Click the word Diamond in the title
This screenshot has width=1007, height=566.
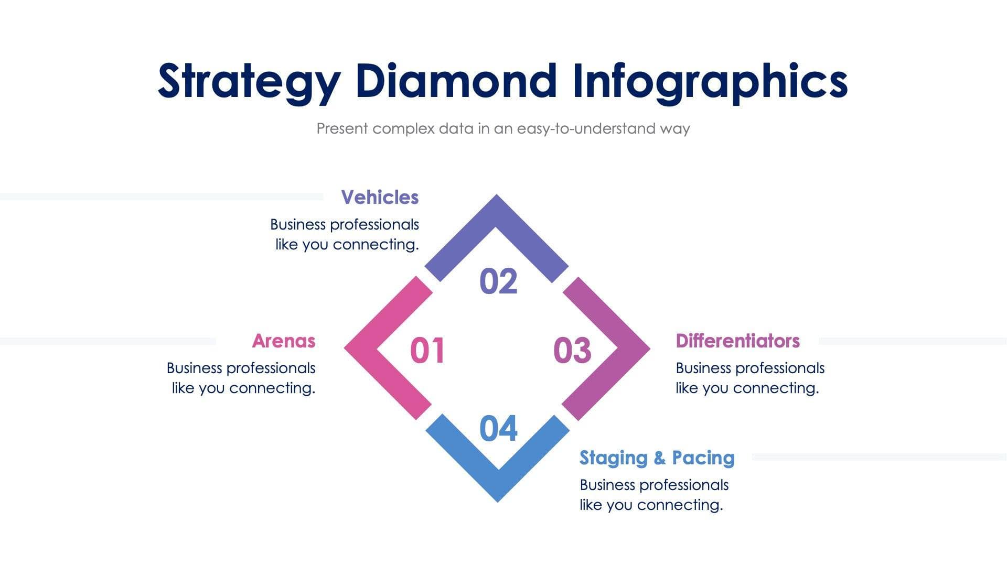[x=456, y=81]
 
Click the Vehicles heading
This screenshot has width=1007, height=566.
[x=380, y=198]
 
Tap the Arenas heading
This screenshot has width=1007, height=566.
[x=284, y=341]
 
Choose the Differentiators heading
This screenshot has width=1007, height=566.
[x=737, y=341]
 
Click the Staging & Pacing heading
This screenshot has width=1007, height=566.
[x=657, y=458]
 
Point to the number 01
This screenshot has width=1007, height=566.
[x=427, y=350]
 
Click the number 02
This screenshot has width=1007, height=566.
[x=498, y=281]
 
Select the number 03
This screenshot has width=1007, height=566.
[x=572, y=350]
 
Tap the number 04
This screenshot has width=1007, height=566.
[x=498, y=429]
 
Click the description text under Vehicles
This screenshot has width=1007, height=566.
[x=345, y=235]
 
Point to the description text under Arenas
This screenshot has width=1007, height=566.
[x=241, y=378]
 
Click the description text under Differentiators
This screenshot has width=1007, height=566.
[x=749, y=378]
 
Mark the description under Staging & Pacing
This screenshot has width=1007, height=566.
[x=654, y=495]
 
